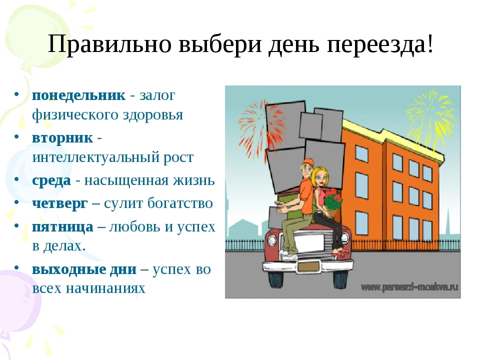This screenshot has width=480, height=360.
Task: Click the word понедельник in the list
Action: click(78, 95)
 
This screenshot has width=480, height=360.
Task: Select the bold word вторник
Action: click(62, 138)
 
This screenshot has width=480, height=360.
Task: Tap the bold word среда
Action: click(51, 180)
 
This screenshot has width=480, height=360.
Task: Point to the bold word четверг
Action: click(59, 203)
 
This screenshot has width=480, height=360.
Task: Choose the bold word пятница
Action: click(63, 227)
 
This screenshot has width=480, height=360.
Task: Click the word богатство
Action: click(180, 203)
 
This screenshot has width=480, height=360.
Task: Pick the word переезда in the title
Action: click(376, 44)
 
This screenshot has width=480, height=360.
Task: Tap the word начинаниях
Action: click(105, 288)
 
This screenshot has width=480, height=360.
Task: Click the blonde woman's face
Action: click(319, 178)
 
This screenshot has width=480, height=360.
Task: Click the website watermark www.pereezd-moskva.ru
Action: click(409, 287)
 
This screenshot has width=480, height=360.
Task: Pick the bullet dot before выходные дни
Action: click(17, 267)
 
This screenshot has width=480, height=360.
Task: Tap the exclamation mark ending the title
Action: click(430, 44)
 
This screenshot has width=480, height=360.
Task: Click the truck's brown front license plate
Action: click(308, 267)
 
